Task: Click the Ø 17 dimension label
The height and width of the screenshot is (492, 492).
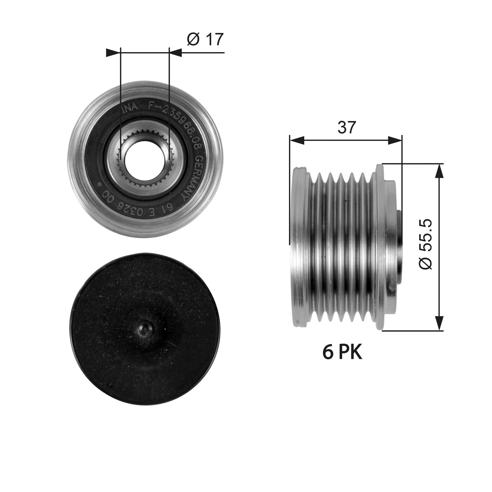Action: (x=205, y=39)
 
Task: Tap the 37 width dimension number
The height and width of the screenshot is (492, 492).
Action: (x=346, y=128)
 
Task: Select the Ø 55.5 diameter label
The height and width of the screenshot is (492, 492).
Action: (x=425, y=244)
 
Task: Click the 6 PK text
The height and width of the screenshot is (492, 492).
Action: (x=342, y=353)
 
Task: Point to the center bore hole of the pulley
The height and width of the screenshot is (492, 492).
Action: (x=144, y=159)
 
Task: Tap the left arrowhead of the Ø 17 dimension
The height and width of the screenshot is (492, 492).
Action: (x=113, y=53)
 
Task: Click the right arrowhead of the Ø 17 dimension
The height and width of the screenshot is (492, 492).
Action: (x=175, y=53)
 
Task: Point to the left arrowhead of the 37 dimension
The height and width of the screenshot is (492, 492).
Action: (x=297, y=140)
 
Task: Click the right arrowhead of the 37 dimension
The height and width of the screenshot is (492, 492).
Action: (x=395, y=140)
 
